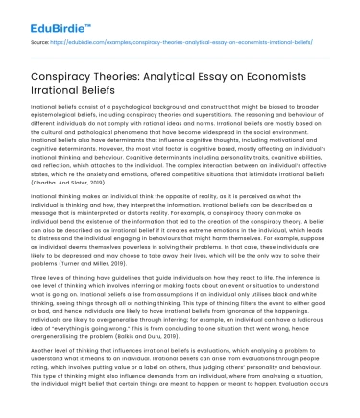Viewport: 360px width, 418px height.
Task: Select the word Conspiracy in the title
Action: [x=63, y=71]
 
